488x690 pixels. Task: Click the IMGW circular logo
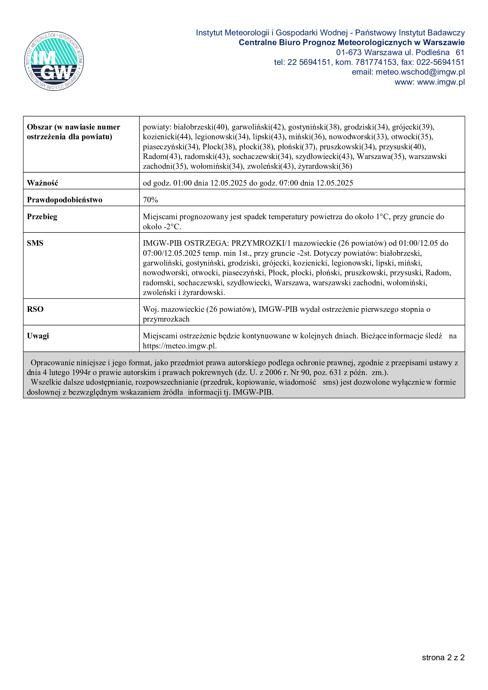tap(54, 61)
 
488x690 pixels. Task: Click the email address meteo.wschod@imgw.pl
tap(420, 72)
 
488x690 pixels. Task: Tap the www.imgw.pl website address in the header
tap(441, 82)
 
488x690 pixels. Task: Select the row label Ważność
tap(43, 183)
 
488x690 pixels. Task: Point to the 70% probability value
tap(150, 200)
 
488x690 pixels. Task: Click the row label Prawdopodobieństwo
tap(64, 200)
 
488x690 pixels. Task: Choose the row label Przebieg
tap(42, 217)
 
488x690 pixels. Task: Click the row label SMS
tap(35, 243)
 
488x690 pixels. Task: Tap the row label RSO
tap(35, 309)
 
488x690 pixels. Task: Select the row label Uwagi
tap(38, 336)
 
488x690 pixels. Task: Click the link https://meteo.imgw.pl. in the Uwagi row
tap(179, 346)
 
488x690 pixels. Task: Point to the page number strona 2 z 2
tap(443, 658)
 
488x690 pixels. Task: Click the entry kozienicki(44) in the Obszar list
tap(167, 137)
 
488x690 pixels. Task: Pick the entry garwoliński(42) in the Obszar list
tap(258, 127)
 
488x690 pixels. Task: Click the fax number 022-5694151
tap(440, 62)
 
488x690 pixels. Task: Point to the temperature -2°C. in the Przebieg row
tap(172, 227)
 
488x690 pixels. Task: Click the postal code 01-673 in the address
tap(348, 52)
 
